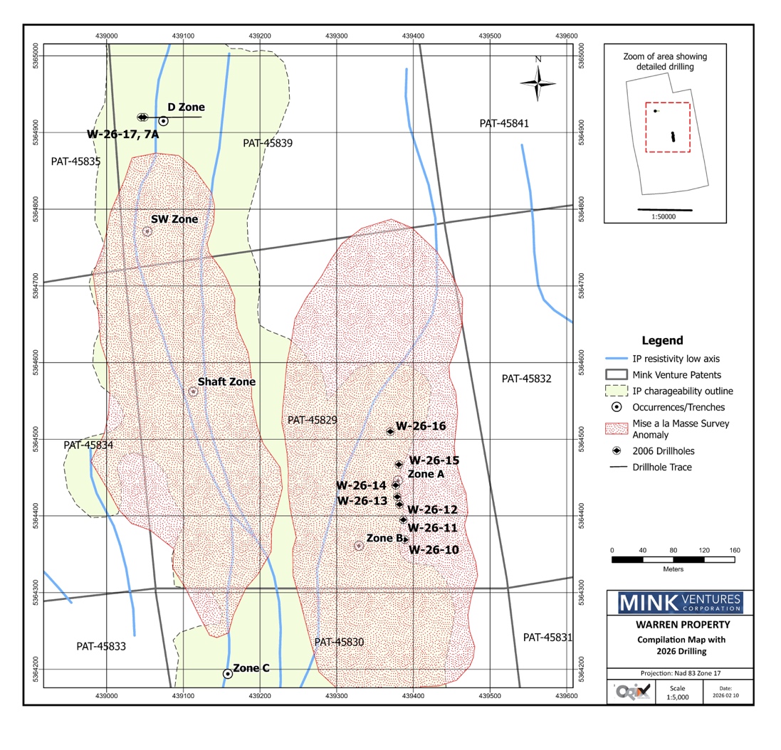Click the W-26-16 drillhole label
[421, 426]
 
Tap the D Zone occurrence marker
[163, 121]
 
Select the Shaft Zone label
[226, 382]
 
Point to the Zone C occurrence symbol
[228, 673]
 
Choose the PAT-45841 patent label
[504, 124]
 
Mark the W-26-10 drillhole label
[434, 550]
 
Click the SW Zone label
[174, 219]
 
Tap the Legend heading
[662, 341]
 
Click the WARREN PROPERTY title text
[673, 625]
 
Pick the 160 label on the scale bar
[735, 551]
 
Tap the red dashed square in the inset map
[668, 127]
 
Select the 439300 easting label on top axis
[337, 34]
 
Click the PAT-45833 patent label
[101, 647]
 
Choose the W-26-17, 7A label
[122, 134]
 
